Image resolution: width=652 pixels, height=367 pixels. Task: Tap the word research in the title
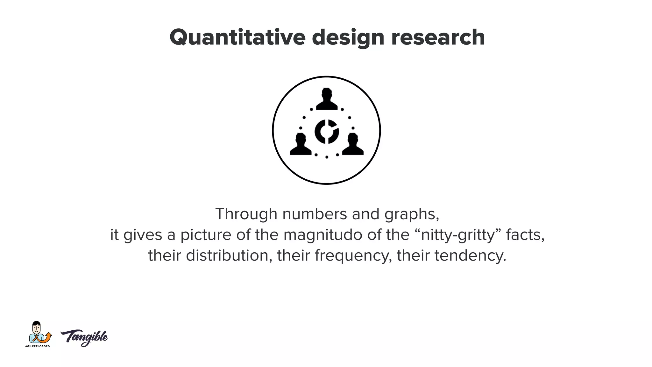(x=438, y=38)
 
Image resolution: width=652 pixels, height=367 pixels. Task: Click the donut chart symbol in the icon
(x=327, y=131)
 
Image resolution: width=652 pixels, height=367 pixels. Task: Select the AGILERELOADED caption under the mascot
(x=38, y=346)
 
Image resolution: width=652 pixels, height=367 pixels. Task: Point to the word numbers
(x=315, y=214)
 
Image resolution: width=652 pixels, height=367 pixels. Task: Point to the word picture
(x=206, y=235)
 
